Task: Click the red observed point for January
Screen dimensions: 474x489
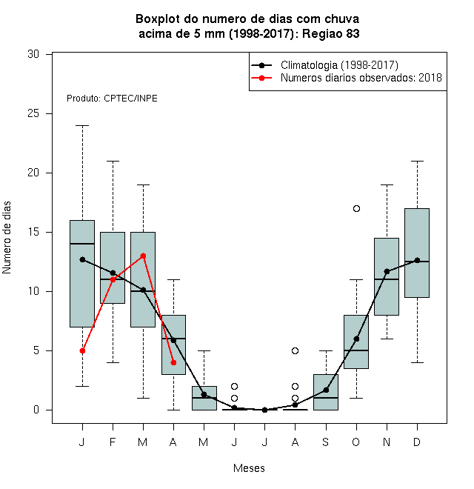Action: point(82,351)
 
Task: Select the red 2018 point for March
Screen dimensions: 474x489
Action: point(143,256)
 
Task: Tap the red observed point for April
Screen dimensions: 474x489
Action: point(174,363)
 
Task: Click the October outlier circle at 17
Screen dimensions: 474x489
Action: point(356,209)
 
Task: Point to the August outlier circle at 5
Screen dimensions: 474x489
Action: point(295,351)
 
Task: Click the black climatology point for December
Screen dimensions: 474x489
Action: point(417,260)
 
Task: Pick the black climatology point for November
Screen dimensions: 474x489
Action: point(387,272)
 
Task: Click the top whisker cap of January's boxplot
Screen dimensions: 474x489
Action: point(82,126)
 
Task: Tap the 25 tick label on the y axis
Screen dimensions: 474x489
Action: point(33,113)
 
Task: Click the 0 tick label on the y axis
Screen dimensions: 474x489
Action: point(36,410)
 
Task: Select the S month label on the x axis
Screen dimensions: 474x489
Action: point(326,442)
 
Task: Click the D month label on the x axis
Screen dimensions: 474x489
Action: point(417,442)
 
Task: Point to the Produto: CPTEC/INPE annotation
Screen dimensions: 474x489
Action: point(112,99)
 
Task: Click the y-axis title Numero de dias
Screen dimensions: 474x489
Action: point(7,238)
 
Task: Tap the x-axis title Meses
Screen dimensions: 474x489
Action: point(249,468)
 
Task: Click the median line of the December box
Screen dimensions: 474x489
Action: point(417,262)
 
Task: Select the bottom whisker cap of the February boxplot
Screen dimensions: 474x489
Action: point(113,363)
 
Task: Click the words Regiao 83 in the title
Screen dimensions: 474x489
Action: point(331,33)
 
